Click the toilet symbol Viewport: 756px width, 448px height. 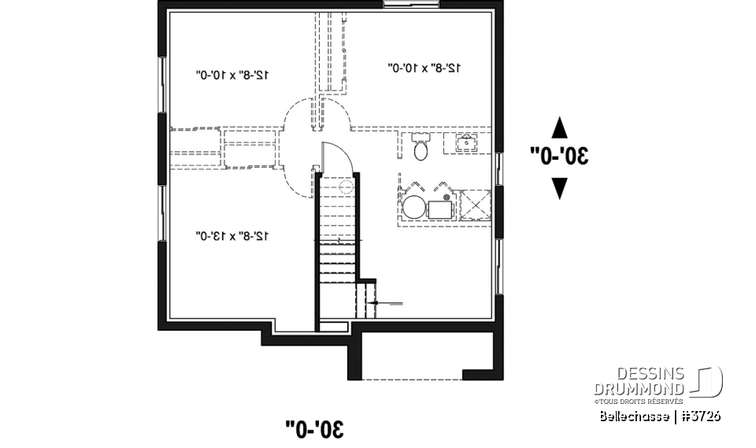coord(420,146)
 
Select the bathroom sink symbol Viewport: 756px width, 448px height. coord(465,143)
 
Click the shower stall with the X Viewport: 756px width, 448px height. coord(474,206)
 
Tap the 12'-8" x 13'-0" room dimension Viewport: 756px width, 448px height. coord(232,235)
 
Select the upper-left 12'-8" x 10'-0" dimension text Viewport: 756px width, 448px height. coord(232,74)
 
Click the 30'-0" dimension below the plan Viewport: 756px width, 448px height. coord(315,428)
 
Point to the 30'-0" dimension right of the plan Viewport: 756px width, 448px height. coord(559,155)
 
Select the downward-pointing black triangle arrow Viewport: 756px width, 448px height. coord(559,187)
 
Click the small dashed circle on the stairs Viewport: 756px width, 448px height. coord(343,187)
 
